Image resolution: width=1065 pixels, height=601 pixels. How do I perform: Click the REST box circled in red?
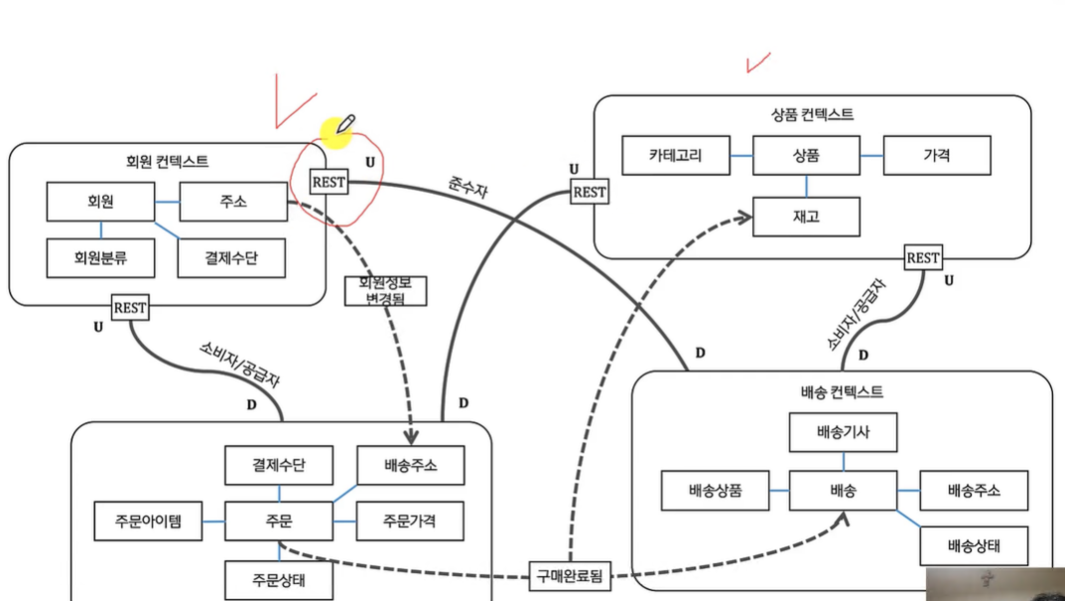pyautogui.click(x=329, y=183)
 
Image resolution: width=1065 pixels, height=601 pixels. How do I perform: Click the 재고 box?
pyautogui.click(x=806, y=217)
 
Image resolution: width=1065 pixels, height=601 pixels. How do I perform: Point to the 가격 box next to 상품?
pyautogui.click(x=937, y=155)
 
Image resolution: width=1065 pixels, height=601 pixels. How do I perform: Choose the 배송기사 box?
pyautogui.click(x=843, y=432)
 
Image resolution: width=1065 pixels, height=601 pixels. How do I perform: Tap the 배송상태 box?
pyautogui.click(x=974, y=545)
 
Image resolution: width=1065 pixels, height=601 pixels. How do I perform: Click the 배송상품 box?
pyautogui.click(x=715, y=491)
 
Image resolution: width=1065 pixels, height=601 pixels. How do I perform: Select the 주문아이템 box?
pyautogui.click(x=145, y=520)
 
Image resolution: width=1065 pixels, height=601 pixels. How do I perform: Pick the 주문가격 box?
pyautogui.click(x=410, y=519)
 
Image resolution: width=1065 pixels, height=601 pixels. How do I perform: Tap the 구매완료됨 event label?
pyautogui.click(x=570, y=574)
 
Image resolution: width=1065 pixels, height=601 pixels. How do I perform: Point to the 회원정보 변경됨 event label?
pyautogui.click(x=385, y=289)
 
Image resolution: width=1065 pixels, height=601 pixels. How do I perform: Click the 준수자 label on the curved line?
pyautogui.click(x=466, y=188)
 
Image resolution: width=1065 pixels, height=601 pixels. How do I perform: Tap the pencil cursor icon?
pyautogui.click(x=343, y=124)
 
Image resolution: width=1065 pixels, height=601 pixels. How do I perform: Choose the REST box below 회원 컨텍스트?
pyautogui.click(x=130, y=308)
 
